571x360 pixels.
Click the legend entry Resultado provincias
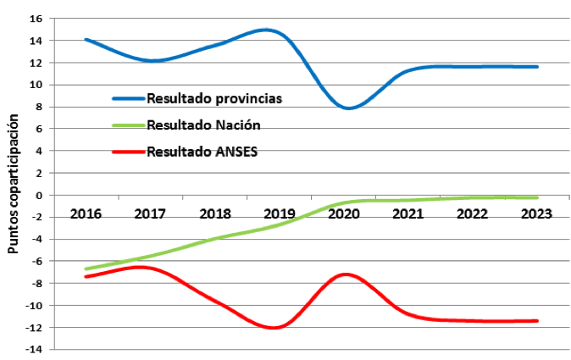click(213, 97)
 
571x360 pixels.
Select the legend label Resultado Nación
click(202, 125)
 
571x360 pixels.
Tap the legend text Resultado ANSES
click(202, 152)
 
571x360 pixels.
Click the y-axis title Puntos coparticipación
click(13, 186)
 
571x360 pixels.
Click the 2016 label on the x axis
click(86, 213)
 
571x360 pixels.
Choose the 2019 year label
click(280, 213)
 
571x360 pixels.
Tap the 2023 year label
click(537, 213)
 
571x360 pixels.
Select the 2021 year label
click(408, 213)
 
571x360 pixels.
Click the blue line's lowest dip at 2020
click(348, 108)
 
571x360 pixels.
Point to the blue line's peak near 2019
click(268, 30)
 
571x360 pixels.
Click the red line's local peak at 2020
click(345, 274)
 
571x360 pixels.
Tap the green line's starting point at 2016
click(86, 269)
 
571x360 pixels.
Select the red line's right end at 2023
click(537, 321)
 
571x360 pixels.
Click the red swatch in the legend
click(128, 152)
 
